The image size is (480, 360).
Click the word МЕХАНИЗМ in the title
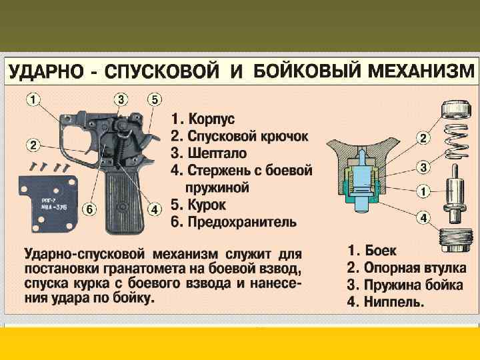coord(421,71)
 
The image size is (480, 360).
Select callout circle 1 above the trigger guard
coord(33,99)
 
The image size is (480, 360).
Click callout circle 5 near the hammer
coord(154,99)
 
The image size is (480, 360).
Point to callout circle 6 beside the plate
coord(89,209)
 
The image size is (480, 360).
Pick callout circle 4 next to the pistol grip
coord(154,209)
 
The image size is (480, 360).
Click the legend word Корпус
coord(211,119)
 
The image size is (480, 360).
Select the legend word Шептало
coord(217,153)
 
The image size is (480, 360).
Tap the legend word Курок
coord(207,205)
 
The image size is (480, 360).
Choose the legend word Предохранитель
coord(242,221)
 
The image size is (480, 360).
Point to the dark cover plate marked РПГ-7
coord(49,203)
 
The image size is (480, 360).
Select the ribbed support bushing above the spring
coord(455,109)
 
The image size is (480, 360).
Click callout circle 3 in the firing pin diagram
coord(423,168)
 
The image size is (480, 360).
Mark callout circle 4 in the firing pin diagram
coord(423,218)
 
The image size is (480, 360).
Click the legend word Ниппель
coord(394,302)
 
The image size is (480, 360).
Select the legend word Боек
coord(381,251)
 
